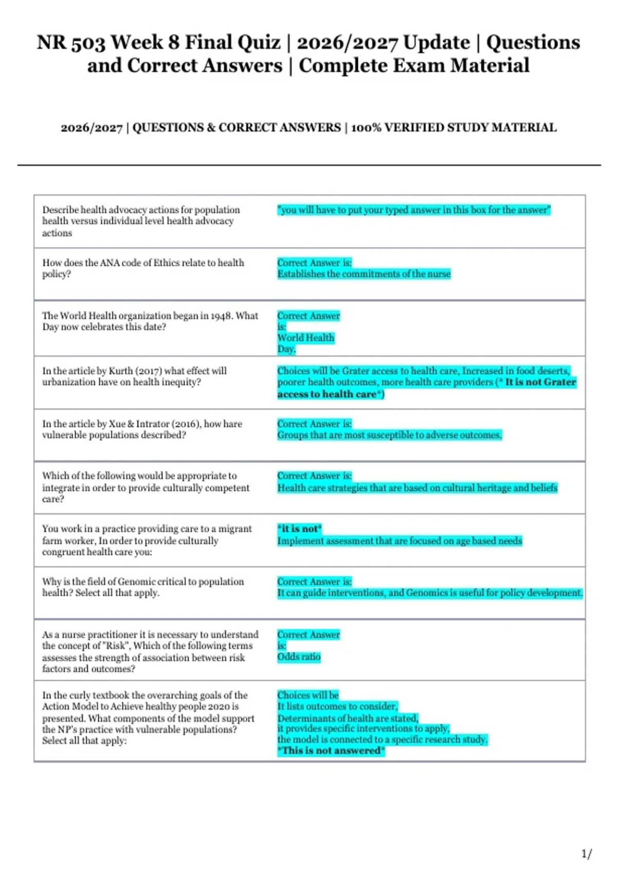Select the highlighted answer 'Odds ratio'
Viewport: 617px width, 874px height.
coord(299,657)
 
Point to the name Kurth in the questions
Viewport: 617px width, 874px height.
coord(120,371)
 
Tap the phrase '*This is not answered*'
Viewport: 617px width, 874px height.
coord(331,751)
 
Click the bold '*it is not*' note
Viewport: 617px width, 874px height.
coord(299,529)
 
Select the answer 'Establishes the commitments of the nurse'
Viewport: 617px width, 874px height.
coord(364,274)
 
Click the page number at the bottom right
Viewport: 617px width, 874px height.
coord(586,854)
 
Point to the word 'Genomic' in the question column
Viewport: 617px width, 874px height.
coord(138,581)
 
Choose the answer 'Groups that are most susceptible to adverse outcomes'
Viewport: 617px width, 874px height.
coord(389,435)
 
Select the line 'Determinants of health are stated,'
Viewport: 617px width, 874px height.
coord(348,718)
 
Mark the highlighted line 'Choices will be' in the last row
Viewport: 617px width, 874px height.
coord(308,695)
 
